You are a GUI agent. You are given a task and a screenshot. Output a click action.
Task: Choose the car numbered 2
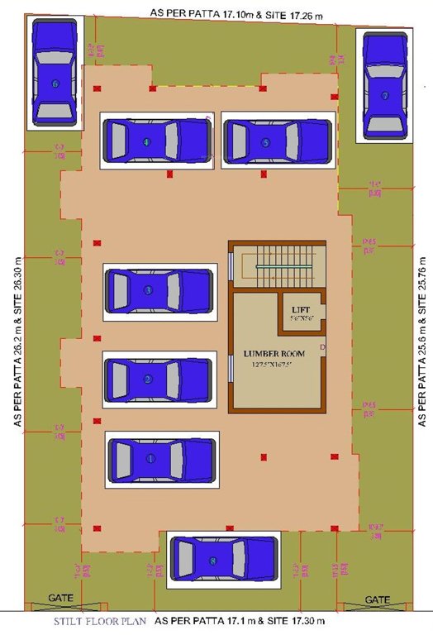[159, 379]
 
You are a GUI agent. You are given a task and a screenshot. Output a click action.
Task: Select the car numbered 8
[222, 561]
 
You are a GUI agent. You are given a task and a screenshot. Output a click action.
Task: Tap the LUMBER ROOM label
[274, 354]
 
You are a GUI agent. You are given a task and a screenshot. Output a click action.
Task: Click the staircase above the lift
[278, 265]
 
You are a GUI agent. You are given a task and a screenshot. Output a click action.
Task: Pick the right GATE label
[378, 599]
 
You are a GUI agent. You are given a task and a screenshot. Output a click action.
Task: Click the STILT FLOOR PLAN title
[100, 620]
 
